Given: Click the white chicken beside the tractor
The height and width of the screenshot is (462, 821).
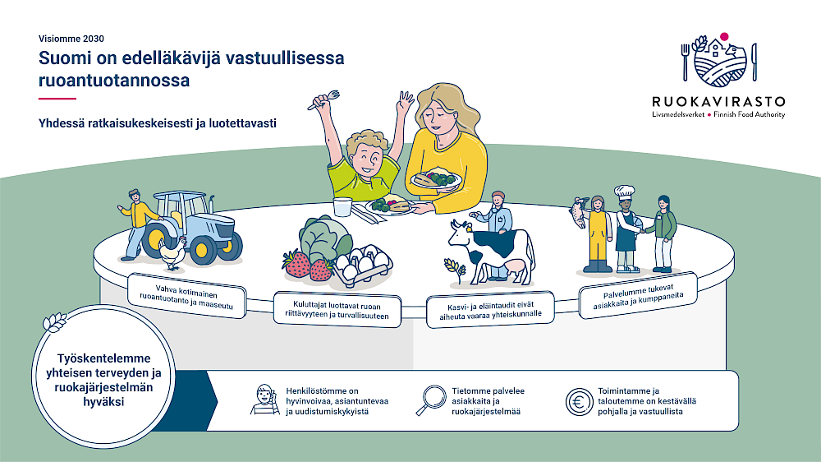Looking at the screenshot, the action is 172,252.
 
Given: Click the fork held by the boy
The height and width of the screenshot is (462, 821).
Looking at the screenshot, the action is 323,99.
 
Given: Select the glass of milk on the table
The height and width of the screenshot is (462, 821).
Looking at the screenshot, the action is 342,206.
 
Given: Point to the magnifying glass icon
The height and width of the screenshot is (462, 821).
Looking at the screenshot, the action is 431,400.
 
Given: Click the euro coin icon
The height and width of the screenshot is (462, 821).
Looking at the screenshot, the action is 579,402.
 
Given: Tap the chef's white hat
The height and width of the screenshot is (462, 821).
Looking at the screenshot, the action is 624,191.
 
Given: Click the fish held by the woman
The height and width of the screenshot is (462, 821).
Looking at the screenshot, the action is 579,212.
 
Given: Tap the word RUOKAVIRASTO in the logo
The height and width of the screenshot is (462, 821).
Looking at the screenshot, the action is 718,102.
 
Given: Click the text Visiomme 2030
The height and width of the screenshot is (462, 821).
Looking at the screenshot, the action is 71,39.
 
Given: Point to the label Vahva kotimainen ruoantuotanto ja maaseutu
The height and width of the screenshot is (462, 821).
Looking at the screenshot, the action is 186,297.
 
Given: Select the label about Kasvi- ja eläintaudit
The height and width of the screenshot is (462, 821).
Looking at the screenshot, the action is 491,310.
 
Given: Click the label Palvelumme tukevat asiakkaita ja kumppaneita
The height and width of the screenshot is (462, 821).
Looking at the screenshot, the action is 638,296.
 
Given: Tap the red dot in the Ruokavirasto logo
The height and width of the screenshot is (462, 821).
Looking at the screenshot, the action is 724,37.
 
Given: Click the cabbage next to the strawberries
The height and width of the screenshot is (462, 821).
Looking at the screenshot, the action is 325,239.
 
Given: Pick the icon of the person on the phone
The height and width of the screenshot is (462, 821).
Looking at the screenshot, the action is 265,400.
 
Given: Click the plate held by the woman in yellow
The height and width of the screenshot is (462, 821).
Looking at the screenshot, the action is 436,180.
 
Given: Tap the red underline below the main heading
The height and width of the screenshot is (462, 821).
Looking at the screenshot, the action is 57,99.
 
